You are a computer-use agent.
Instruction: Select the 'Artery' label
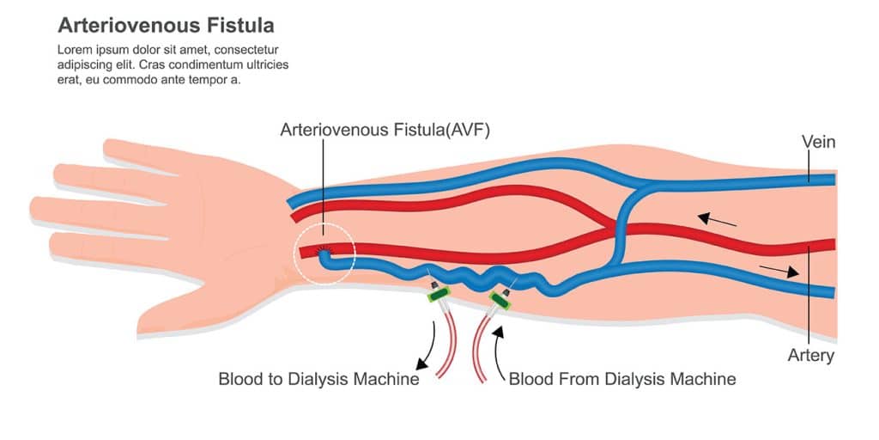tap(811, 355)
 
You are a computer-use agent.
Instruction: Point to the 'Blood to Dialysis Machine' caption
tap(318, 379)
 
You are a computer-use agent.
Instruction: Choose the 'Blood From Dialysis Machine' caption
tap(622, 379)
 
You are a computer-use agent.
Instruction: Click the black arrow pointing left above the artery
tap(716, 219)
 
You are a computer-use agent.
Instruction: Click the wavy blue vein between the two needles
tap(470, 277)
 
